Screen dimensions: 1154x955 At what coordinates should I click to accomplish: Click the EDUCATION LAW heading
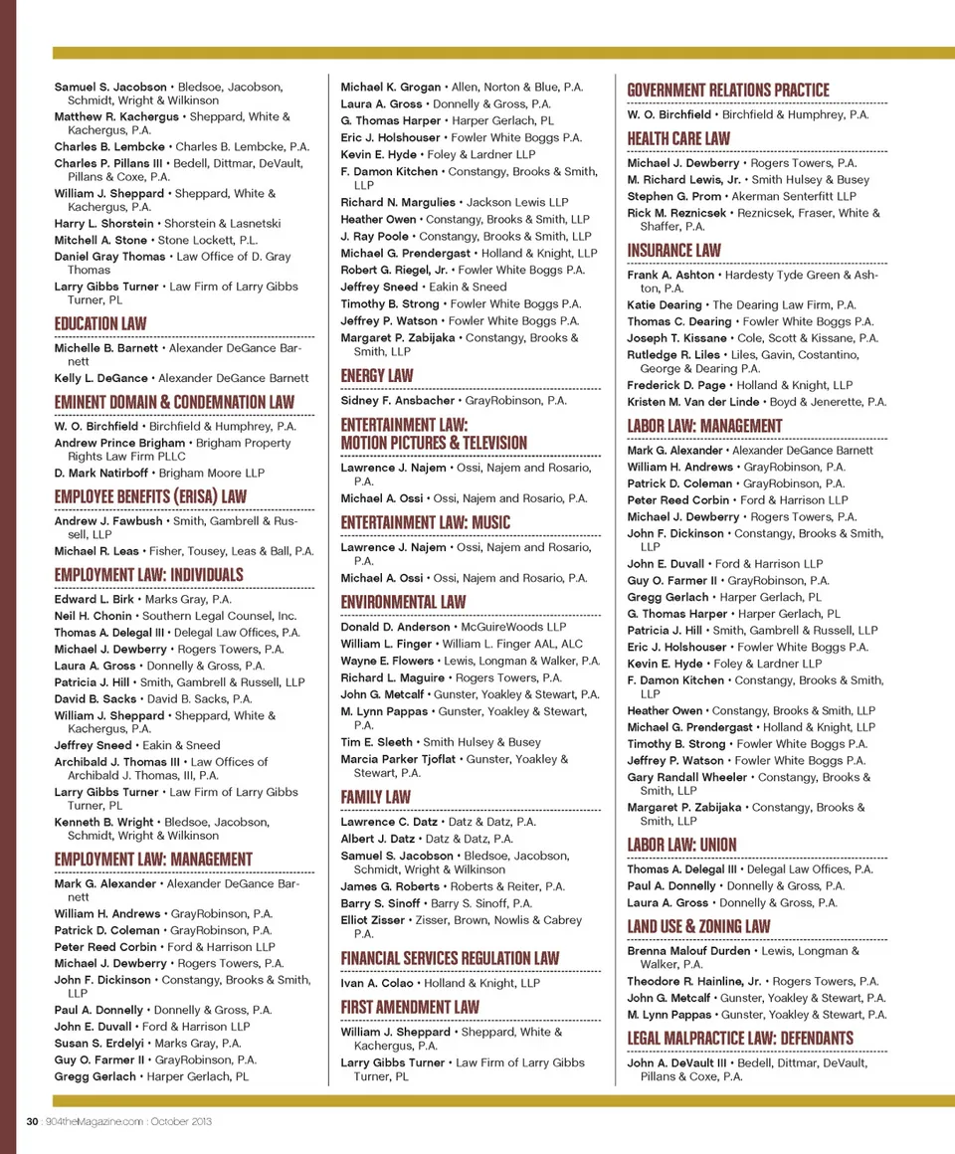click(99, 323)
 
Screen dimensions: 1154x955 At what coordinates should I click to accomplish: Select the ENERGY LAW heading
click(376, 375)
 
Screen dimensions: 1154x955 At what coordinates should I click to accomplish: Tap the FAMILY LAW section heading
click(375, 797)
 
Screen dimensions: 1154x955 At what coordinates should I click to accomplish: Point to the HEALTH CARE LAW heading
click(678, 138)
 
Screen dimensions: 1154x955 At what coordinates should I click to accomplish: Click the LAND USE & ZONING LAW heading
click(698, 926)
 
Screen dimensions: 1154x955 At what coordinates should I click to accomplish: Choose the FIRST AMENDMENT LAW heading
click(410, 1007)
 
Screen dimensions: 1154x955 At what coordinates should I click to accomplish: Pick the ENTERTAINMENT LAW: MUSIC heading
click(425, 522)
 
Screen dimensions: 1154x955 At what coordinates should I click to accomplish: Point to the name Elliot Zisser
click(373, 920)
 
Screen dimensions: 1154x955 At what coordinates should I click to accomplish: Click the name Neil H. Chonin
click(93, 616)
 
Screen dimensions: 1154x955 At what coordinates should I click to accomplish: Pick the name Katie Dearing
click(665, 305)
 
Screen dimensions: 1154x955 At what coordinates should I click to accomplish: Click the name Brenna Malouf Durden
click(688, 951)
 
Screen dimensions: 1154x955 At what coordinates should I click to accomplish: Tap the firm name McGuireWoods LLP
click(512, 628)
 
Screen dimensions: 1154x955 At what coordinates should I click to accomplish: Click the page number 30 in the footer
click(32, 1121)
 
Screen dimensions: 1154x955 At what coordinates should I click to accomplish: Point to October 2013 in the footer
click(179, 1121)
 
